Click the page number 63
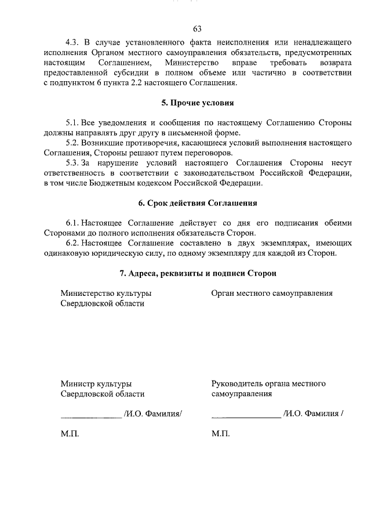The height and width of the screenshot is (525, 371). (197, 29)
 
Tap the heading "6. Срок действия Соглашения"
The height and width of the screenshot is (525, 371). (197, 204)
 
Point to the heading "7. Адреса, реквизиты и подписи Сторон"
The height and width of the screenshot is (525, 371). (197, 273)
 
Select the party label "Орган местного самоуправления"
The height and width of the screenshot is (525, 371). (272, 293)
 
